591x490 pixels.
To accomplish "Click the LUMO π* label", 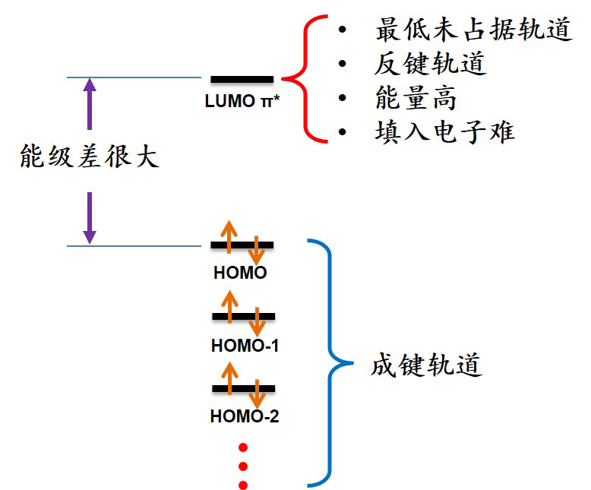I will coord(242,101).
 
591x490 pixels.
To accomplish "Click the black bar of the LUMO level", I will coord(242,79).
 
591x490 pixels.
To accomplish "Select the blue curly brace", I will coord(327,362).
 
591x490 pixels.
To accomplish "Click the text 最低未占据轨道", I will coord(472,30).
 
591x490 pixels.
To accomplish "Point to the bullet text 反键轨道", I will coord(430,65).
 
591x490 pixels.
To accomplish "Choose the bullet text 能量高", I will coord(416,98).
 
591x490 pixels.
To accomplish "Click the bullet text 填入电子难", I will coord(444,131).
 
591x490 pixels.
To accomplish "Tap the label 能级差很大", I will coord(90,156).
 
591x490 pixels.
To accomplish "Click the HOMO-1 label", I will coord(245,346).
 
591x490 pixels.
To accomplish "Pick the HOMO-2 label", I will coord(245,416).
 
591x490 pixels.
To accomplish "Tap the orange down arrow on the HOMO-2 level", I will coord(258,394).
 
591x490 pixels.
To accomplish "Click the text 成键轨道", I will coord(427,365).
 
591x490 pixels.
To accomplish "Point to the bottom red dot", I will coord(243,485).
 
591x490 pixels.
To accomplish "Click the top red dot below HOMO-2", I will coord(243,447).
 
